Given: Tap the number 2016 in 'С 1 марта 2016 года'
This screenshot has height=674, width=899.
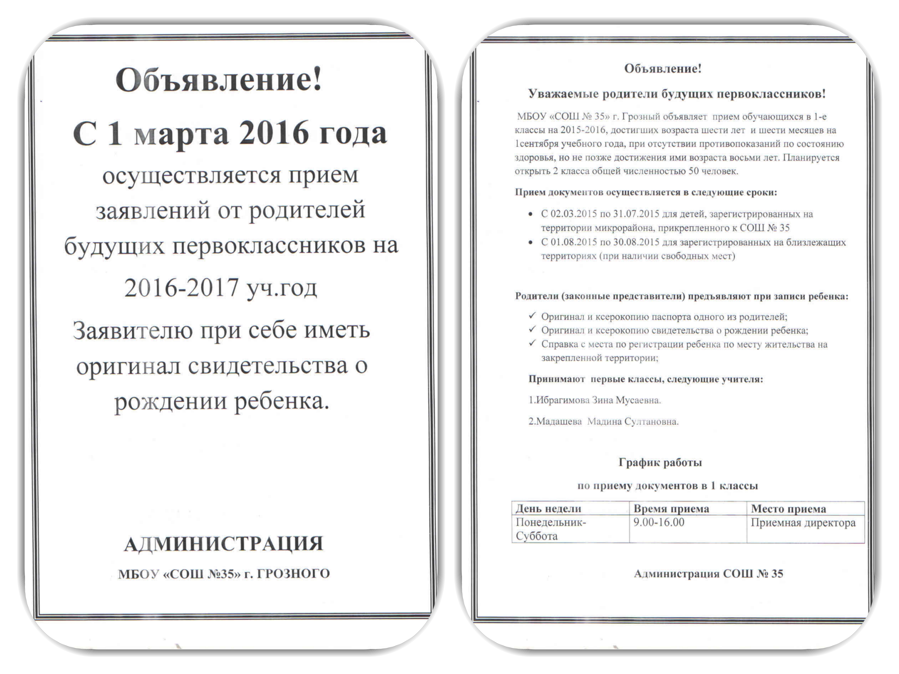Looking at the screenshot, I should tap(273, 133).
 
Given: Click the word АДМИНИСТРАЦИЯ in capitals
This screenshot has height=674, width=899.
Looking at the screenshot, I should tap(224, 544).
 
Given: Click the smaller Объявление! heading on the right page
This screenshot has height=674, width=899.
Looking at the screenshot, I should tap(663, 69).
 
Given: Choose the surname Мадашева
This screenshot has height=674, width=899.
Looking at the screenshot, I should tap(559, 422).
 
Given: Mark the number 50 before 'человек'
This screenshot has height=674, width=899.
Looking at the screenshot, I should tap(693, 171).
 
